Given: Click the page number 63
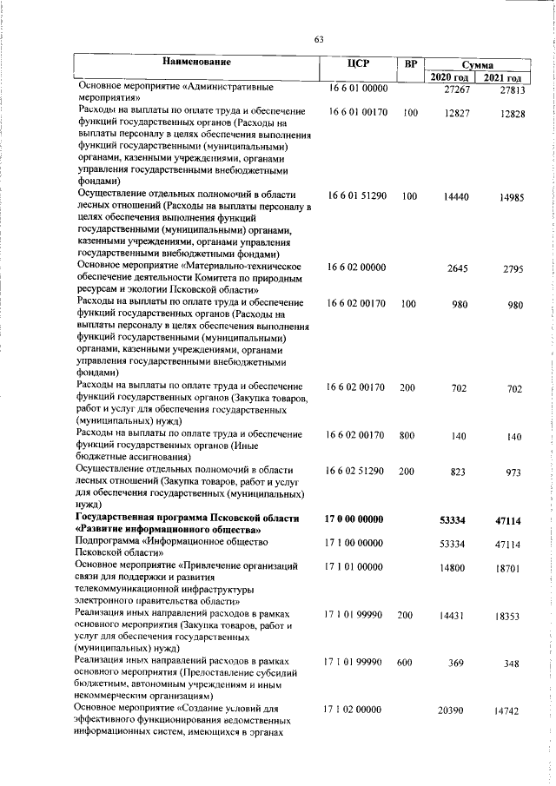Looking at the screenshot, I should (319, 39).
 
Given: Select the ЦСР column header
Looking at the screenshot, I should (358, 63).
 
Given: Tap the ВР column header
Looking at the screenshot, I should (411, 63).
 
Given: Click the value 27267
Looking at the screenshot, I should (456, 90).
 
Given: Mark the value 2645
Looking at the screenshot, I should (458, 269).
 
